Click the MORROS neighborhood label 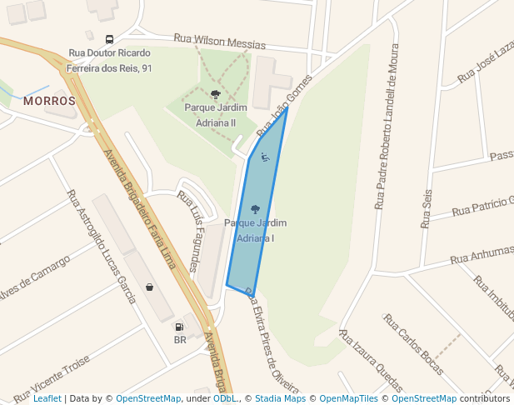(49, 101)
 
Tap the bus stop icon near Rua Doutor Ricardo (109, 39)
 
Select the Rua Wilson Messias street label (219, 42)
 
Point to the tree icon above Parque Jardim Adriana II (216, 95)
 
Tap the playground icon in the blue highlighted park (265, 156)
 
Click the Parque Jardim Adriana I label (255, 230)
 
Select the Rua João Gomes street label (277, 115)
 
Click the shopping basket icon (149, 287)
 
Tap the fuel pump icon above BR (179, 327)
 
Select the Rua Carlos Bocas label (414, 346)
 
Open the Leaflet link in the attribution (47, 398)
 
